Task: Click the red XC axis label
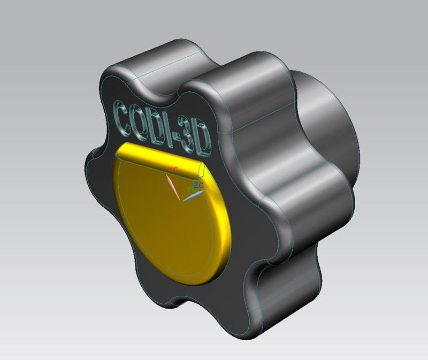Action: (x=173, y=170)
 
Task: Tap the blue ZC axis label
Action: (x=198, y=185)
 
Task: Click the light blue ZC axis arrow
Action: (x=193, y=196)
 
